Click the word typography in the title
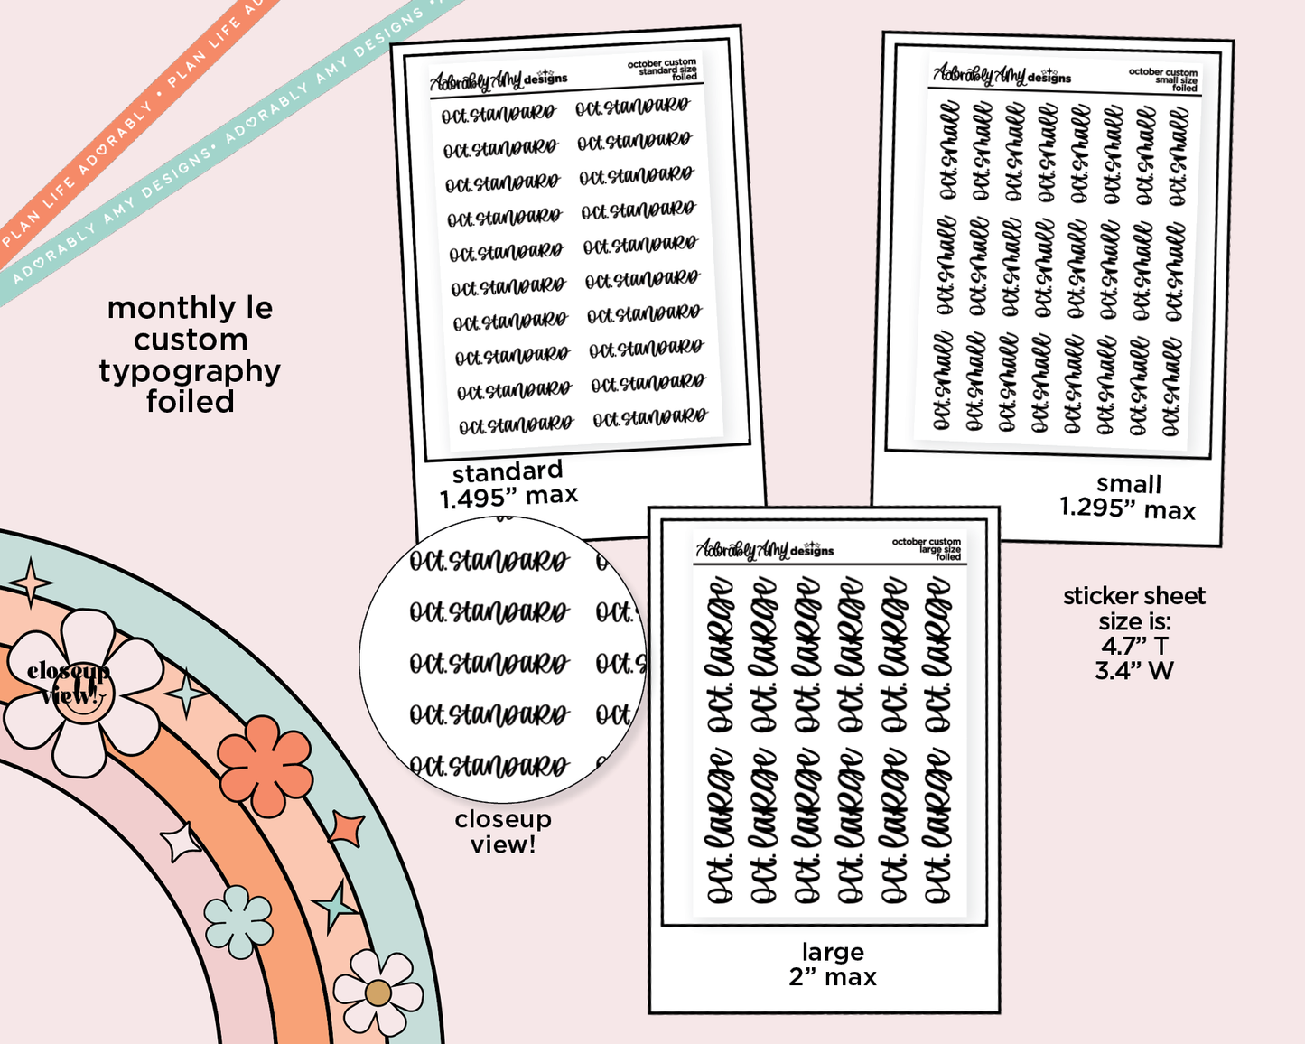(190, 371)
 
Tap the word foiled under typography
(190, 402)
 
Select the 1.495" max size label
(508, 496)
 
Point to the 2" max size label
(833, 977)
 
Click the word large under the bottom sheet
(833, 952)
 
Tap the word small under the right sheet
(1129, 484)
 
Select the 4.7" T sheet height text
(1134, 646)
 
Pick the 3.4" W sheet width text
(1134, 671)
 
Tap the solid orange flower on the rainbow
(265, 765)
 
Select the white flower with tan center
(378, 993)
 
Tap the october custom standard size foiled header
(663, 70)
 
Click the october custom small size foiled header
(1163, 79)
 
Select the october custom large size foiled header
(927, 549)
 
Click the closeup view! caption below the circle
(503, 832)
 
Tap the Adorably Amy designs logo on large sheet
(764, 549)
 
